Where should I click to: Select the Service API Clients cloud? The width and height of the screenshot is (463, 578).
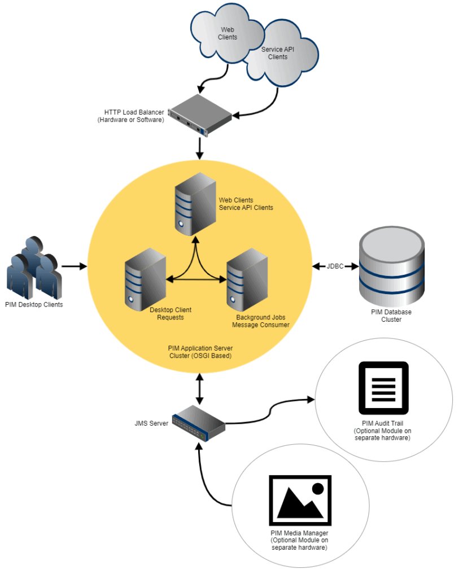(282, 54)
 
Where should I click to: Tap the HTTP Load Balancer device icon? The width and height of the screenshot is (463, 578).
(200, 115)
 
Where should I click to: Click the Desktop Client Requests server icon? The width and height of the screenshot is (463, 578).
(145, 279)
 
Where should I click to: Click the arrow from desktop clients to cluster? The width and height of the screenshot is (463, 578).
(73, 265)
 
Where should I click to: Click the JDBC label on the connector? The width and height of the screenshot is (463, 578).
(335, 265)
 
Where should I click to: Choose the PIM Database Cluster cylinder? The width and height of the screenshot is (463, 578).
(392, 265)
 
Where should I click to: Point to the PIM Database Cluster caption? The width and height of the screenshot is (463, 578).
(391, 316)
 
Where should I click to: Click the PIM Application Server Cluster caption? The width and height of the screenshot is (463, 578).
(200, 352)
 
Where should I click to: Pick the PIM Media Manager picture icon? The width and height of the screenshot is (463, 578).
(300, 500)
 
